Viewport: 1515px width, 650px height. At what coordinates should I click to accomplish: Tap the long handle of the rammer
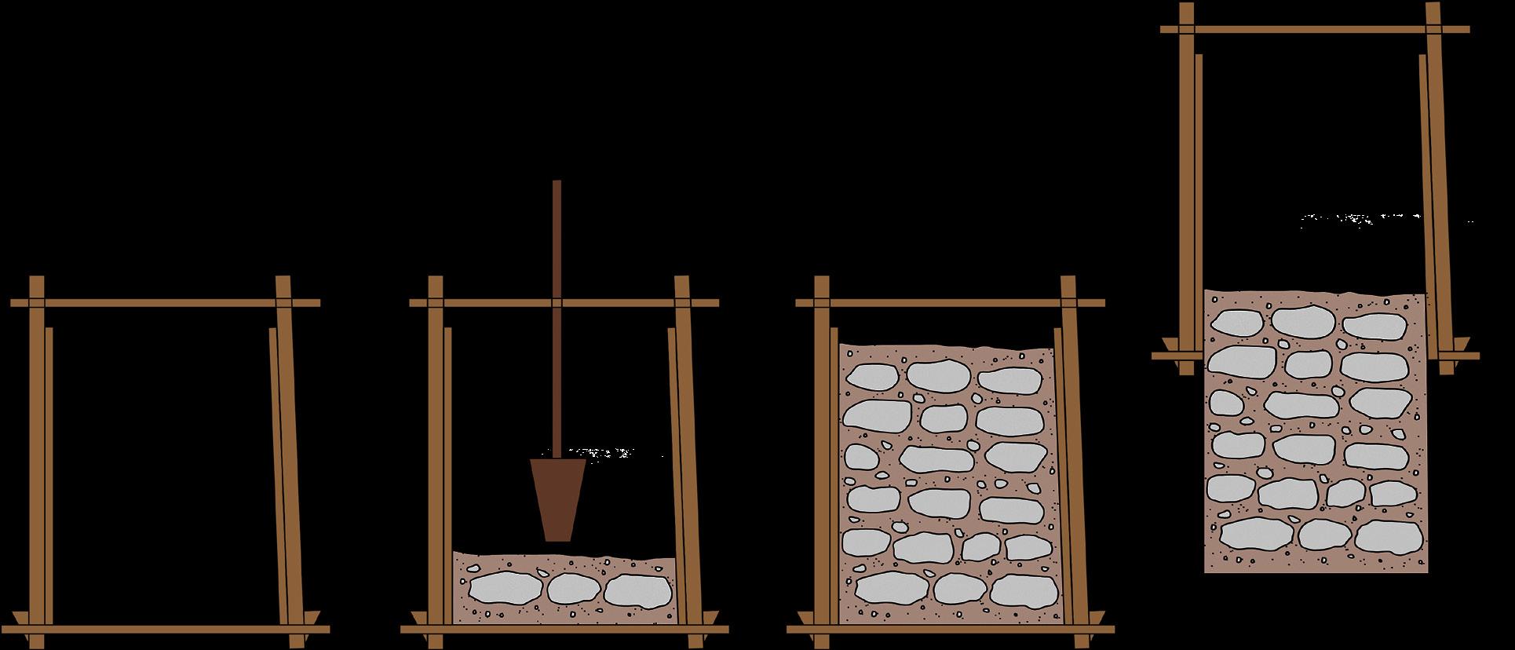[x=557, y=314]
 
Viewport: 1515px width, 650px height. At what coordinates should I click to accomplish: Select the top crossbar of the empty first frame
[x=165, y=302]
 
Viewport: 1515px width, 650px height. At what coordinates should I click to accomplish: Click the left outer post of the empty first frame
[x=36, y=463]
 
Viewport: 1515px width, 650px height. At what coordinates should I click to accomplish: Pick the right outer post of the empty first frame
[x=289, y=463]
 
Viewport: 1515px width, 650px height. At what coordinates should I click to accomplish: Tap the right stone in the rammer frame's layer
[x=637, y=590]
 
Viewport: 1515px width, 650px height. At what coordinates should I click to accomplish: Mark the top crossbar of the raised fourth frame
[x=1315, y=30]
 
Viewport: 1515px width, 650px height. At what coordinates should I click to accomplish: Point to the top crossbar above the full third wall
[x=950, y=302]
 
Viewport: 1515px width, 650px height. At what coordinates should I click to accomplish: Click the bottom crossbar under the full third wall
[x=950, y=629]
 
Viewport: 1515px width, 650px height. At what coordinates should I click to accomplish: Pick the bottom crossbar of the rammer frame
[x=564, y=629]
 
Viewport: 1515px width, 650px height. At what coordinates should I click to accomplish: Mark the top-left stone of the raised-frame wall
[x=1237, y=323]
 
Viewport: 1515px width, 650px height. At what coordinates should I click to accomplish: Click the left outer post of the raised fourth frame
[x=1186, y=188]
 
